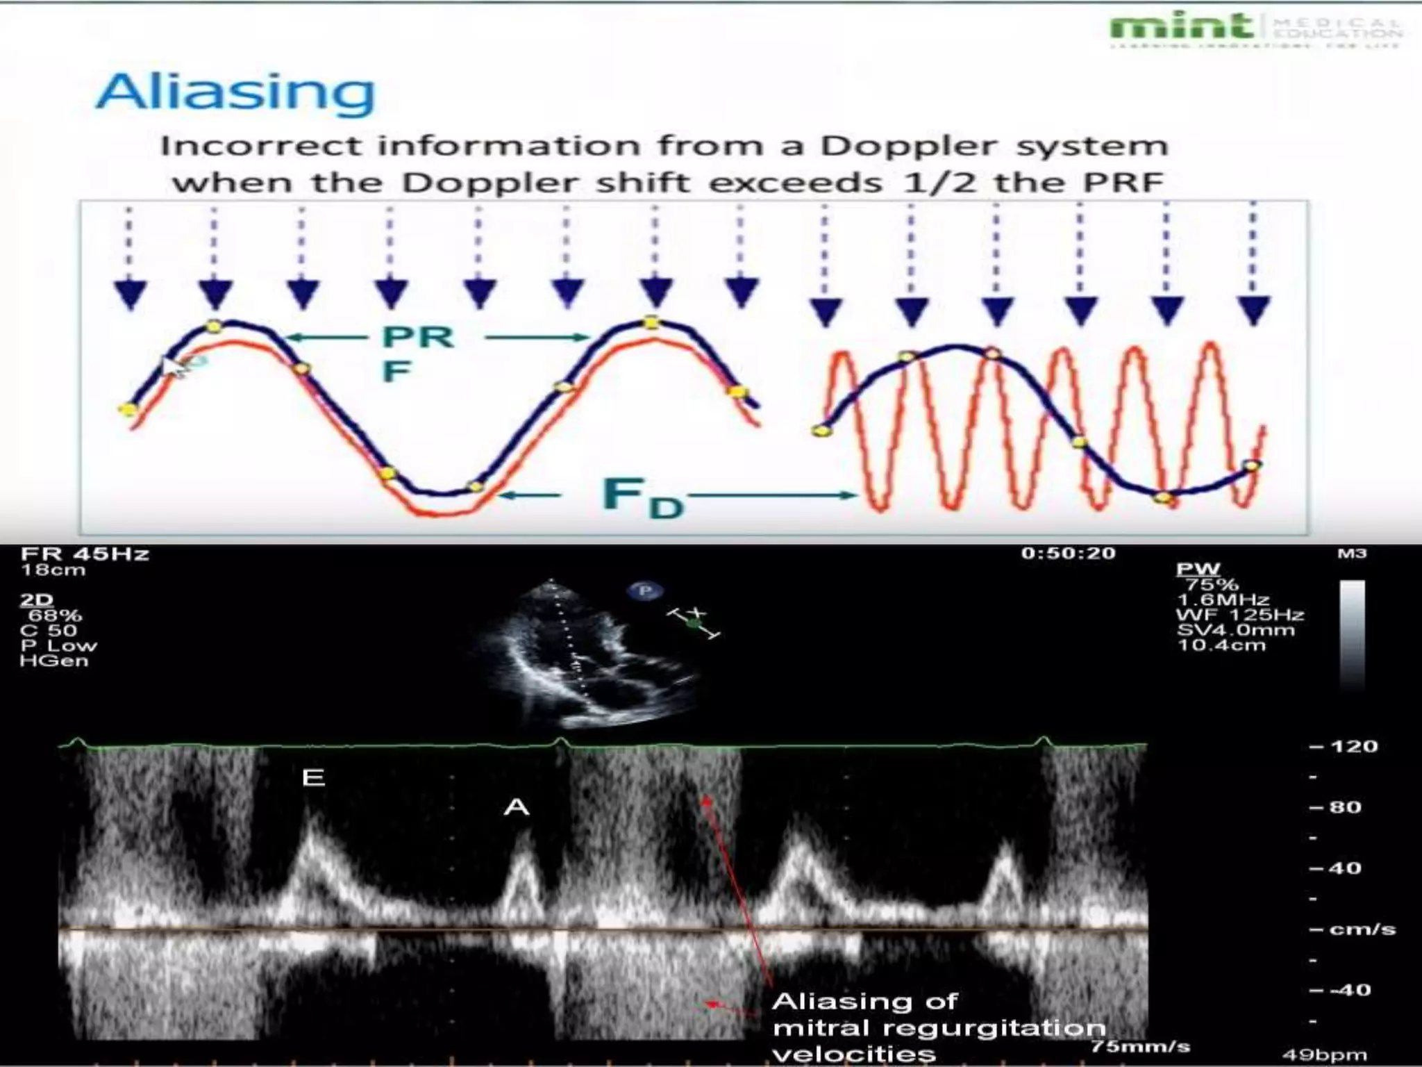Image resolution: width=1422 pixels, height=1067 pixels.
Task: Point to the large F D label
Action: coord(642,497)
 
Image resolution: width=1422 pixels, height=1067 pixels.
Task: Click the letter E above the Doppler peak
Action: coord(314,777)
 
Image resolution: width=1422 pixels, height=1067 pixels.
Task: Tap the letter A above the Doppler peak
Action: coord(517,807)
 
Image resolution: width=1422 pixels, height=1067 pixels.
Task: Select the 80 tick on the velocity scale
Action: coord(1344,807)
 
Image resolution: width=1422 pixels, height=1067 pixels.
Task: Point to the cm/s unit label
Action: coord(1362,929)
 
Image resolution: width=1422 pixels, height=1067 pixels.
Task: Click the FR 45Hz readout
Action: coord(85,554)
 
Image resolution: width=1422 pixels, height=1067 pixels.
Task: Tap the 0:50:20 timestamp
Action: coord(1068,554)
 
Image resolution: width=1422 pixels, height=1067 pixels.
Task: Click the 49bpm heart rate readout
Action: coord(1324,1054)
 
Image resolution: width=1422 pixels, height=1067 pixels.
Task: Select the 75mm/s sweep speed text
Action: coord(1140,1046)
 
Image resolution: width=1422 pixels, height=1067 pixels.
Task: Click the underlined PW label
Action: coord(1198,569)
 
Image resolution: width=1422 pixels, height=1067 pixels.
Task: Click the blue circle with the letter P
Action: coord(645,591)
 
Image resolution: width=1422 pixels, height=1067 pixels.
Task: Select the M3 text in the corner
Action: coord(1351,554)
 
